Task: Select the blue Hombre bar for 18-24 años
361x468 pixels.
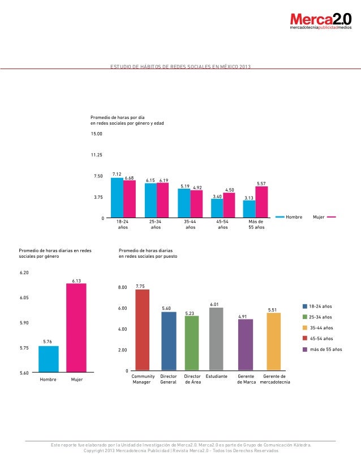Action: point(117,198)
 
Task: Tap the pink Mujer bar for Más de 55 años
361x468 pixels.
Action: point(261,202)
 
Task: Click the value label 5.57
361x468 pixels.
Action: point(261,184)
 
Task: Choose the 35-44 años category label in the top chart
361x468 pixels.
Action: point(190,224)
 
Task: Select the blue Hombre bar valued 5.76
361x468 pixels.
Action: point(49,359)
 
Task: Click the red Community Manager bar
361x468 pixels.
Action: point(143,330)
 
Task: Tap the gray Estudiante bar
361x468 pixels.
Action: point(216,339)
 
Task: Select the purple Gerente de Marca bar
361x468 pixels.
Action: point(246,345)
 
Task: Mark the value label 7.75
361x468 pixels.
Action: point(141,286)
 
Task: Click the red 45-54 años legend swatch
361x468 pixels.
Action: point(304,338)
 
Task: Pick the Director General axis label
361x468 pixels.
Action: point(169,379)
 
